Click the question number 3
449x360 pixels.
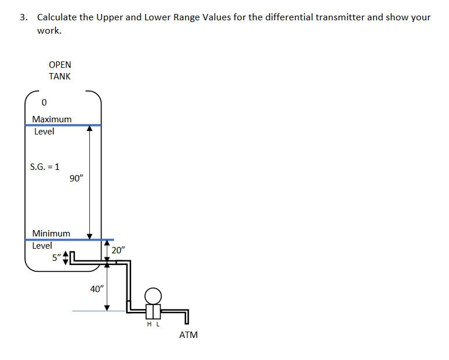coord(23,17)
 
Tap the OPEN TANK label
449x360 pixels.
coord(60,71)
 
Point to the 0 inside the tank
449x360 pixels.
coord(44,103)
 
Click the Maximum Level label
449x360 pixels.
coord(52,125)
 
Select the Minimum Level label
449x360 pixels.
coord(51,239)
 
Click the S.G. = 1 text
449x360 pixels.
coord(45,167)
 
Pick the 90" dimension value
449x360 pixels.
coord(76,179)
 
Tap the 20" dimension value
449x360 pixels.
coord(118,250)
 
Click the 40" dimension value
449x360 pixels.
coord(97,289)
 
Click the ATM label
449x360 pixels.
coord(189,335)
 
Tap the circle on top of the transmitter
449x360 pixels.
coord(153,296)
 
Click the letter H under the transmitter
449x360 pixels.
coord(150,325)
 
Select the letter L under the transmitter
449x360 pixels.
coord(157,325)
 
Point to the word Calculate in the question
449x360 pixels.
coord(57,17)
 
